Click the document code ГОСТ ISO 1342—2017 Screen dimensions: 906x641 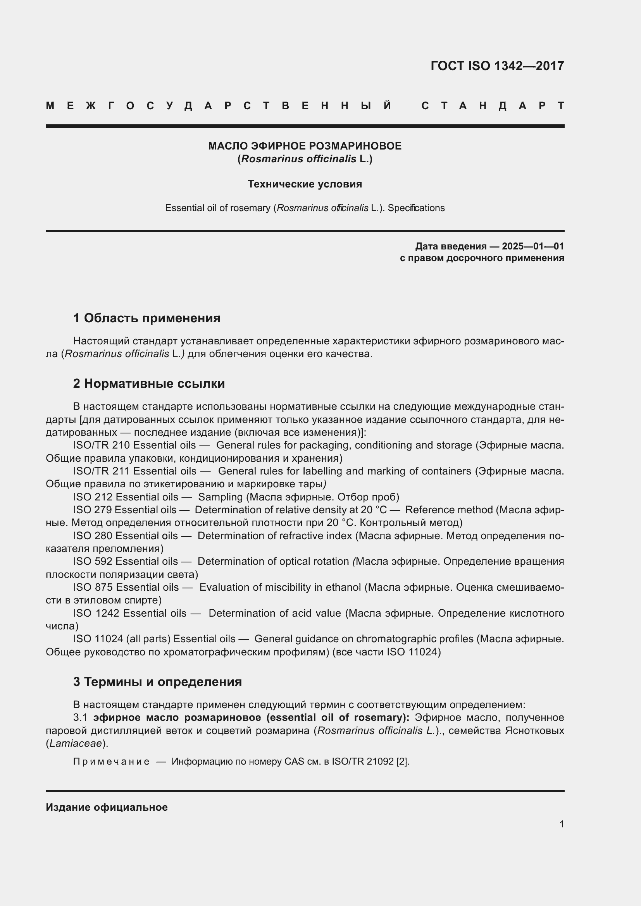tap(497, 65)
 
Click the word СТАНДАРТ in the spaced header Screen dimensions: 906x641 tap(493, 106)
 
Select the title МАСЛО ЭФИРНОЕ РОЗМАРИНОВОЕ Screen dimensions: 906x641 tap(305, 146)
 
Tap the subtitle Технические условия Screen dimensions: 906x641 tap(305, 184)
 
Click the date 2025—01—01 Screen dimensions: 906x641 tap(532, 246)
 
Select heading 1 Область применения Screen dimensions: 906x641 tap(146, 318)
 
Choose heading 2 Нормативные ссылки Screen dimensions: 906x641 tap(149, 383)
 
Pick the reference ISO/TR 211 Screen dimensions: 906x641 tap(102, 471)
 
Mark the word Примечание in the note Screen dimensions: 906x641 tap(111, 761)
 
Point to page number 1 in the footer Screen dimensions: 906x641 tap(561, 824)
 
